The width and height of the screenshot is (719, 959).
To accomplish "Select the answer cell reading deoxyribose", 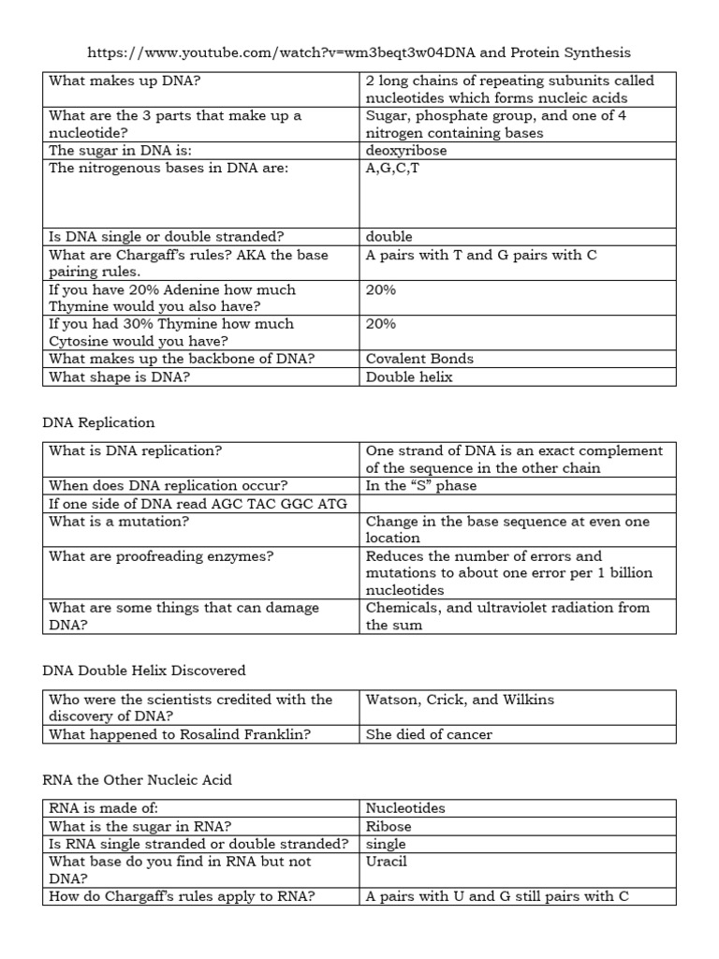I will click(406, 150).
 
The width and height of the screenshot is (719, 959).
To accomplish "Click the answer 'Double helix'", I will click(409, 376).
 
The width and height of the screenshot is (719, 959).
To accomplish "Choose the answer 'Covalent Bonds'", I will click(419, 359).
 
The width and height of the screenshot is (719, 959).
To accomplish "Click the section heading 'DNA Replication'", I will click(98, 422).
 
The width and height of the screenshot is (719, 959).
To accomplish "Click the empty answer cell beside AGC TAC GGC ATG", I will click(517, 503).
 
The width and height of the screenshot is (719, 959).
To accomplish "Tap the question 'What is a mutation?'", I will click(114, 521).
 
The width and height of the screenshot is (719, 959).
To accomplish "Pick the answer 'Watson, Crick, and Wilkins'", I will click(460, 700).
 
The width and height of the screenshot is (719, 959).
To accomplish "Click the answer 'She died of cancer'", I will click(429, 735).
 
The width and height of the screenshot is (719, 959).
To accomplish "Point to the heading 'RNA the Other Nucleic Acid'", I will click(138, 780).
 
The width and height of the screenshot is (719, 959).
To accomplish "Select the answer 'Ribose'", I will click(389, 826).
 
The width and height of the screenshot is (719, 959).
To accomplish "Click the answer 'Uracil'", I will click(387, 862).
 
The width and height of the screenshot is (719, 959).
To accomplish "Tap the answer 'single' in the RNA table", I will click(386, 844).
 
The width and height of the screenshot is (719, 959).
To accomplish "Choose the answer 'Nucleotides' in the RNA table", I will click(405, 808).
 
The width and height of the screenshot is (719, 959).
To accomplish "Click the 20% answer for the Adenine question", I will click(381, 290).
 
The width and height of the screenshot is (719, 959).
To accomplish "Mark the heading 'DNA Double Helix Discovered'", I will click(144, 671).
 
